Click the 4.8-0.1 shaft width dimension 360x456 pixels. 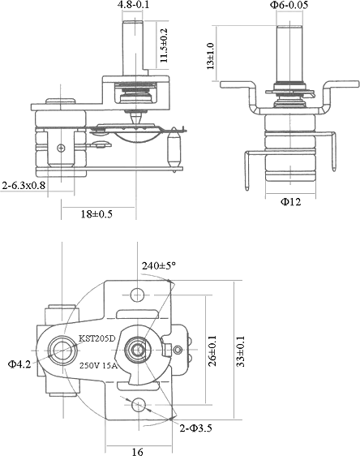click(133, 4)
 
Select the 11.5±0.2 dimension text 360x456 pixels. click(164, 45)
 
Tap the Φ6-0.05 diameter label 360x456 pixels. click(289, 5)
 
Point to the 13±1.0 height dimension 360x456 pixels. click(210, 56)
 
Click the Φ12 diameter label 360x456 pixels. click(290, 201)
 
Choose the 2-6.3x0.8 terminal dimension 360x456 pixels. click(24, 185)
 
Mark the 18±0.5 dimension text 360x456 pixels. click(96, 214)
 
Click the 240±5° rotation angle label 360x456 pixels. click(159, 265)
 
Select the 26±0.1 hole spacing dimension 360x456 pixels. click(212, 351)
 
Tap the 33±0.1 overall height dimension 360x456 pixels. click(241, 351)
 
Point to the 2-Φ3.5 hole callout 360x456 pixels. click(196, 428)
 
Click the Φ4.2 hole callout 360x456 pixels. click(19, 364)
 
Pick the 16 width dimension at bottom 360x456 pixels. click(138, 452)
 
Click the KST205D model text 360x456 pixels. click(97, 338)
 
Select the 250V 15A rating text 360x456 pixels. click(98, 366)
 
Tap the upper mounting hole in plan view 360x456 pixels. click(138, 295)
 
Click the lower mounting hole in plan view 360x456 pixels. click(138, 405)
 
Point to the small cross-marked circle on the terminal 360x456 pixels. click(61, 148)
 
